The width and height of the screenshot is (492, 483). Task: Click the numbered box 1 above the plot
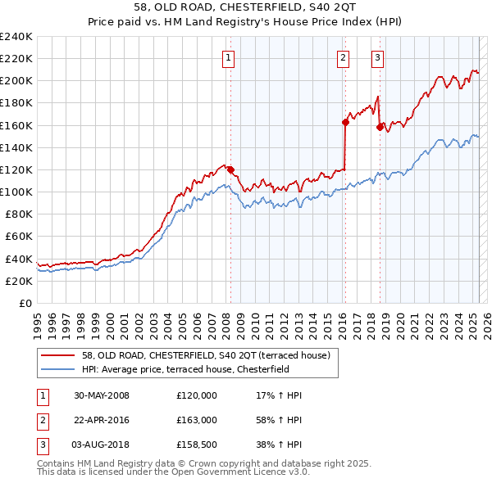227,57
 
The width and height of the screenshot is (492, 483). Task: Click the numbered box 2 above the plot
342,57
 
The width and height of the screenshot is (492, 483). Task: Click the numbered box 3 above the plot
377,57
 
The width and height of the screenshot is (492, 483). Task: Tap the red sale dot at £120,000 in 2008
230,169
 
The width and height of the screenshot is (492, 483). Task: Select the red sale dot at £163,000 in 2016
345,122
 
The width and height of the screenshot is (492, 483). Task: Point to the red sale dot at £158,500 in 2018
380,127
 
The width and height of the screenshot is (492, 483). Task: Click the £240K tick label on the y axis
16,37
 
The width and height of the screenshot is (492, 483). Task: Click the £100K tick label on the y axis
16,192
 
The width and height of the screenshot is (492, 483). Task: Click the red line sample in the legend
57,355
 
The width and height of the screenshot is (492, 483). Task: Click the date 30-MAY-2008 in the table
102,395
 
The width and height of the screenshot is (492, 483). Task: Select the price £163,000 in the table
197,420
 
